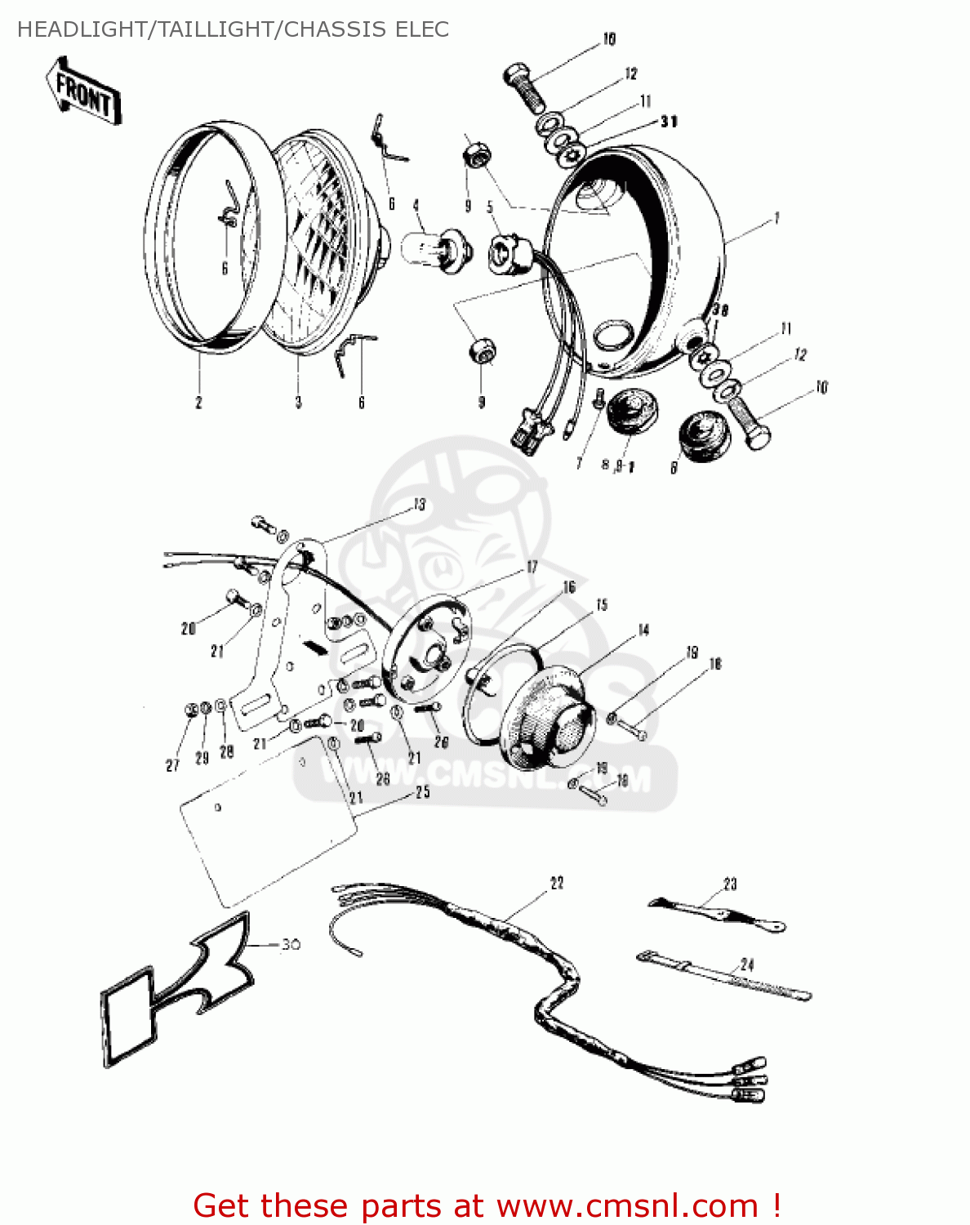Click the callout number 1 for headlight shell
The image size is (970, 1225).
[x=776, y=218]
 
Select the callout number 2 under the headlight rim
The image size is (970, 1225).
[x=198, y=403]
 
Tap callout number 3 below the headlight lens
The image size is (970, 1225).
[x=298, y=403]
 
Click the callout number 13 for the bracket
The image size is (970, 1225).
[x=420, y=505]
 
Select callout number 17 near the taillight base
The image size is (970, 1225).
[x=532, y=567]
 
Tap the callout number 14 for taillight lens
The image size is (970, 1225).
[x=643, y=630]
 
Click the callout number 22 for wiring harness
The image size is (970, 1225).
[x=557, y=883]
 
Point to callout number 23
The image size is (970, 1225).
[x=730, y=884]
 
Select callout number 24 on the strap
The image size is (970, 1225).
[x=747, y=964]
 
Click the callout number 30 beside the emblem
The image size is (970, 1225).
[x=291, y=945]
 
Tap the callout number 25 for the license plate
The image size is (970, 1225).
[x=422, y=792]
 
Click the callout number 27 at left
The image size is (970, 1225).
[x=172, y=765]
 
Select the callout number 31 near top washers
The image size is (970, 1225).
[x=669, y=122]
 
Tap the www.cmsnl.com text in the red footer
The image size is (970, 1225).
[x=628, y=1205]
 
